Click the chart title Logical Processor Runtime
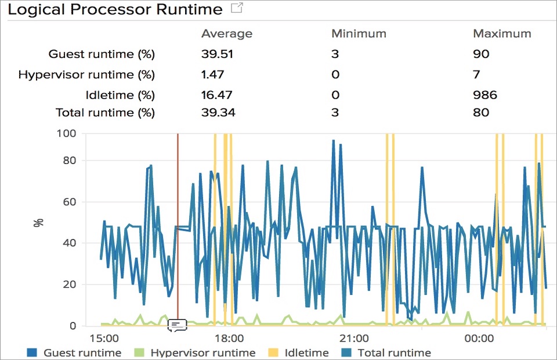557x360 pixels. [x=115, y=10]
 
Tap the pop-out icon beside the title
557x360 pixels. [x=237, y=9]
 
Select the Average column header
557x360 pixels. [x=227, y=34]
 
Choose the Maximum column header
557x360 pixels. [x=502, y=34]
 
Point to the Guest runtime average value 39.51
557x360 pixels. [x=217, y=55]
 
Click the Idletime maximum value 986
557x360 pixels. [x=485, y=95]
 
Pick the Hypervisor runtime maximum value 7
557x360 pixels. [x=476, y=75]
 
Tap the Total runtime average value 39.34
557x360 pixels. [x=218, y=113]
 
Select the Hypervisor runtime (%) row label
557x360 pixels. [x=86, y=75]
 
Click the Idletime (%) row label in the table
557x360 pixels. [x=120, y=95]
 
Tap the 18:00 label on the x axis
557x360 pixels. [x=229, y=338]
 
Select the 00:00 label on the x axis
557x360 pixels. [x=479, y=338]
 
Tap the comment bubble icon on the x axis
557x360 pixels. [x=177, y=325]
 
